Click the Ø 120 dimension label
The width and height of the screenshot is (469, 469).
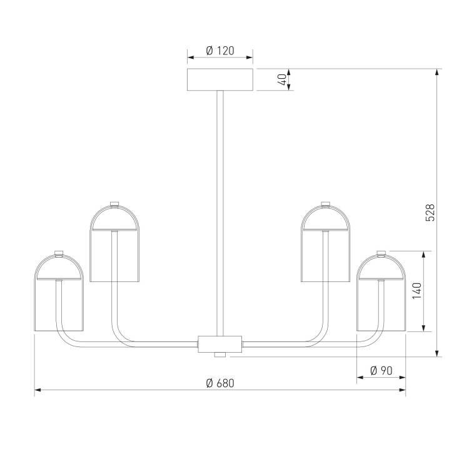(x=220, y=51)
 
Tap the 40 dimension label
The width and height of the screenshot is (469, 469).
(x=282, y=79)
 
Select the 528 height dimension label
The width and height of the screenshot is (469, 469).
(x=430, y=213)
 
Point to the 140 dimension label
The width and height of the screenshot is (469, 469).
(x=416, y=290)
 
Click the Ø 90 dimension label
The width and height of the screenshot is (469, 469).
(x=381, y=371)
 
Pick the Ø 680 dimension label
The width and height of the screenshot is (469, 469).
(x=220, y=383)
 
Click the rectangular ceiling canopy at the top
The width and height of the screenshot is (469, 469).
(x=220, y=79)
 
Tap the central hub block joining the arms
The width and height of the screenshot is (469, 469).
(x=220, y=344)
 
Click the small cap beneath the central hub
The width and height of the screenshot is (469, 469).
(x=220, y=355)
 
